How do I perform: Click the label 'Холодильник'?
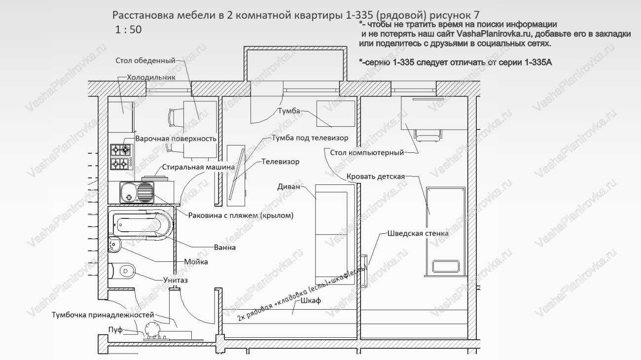151,77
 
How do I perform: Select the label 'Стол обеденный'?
145,61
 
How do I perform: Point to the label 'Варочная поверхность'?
176,139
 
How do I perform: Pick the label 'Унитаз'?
175,280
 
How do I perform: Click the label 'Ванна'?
224,247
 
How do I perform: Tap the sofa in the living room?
331,232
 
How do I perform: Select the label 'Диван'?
288,187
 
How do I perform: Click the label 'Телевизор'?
280,161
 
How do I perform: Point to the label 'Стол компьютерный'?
366,152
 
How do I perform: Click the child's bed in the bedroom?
445,229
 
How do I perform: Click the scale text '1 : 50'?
128,30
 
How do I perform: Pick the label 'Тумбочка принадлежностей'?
103,315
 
